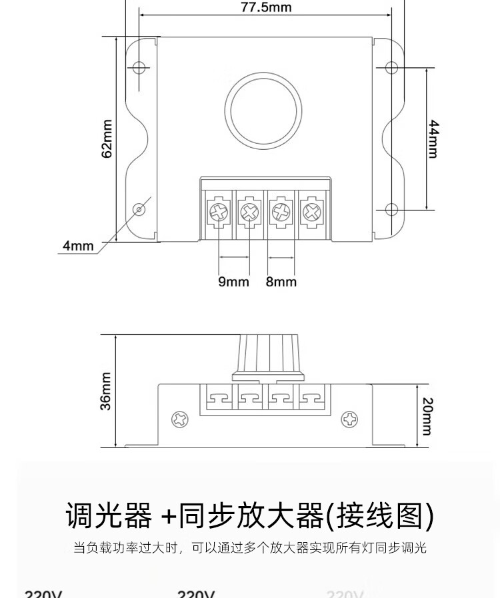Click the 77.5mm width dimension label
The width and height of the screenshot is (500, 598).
coord(266,8)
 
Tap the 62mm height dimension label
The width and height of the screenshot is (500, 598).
coord(107,139)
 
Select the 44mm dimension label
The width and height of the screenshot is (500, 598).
coord(433,139)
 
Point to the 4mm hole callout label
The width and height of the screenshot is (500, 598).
coord(78,246)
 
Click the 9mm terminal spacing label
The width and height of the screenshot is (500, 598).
coord(233,282)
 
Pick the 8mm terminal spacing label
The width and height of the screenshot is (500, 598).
coord(281,282)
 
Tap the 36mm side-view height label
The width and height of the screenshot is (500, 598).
coord(106,392)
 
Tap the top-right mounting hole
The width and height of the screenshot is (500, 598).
coord(391,68)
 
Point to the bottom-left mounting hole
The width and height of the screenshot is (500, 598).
coord(139,209)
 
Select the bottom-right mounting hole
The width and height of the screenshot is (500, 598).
coord(391,209)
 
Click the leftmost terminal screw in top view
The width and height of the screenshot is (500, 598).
coord(218,212)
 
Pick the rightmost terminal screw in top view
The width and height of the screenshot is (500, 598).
coord(310,212)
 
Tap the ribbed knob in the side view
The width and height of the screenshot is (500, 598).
coord(266,354)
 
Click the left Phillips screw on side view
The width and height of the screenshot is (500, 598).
coord(180,420)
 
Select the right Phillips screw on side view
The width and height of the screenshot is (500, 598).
coord(350,420)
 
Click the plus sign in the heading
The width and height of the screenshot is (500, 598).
coord(169,515)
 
